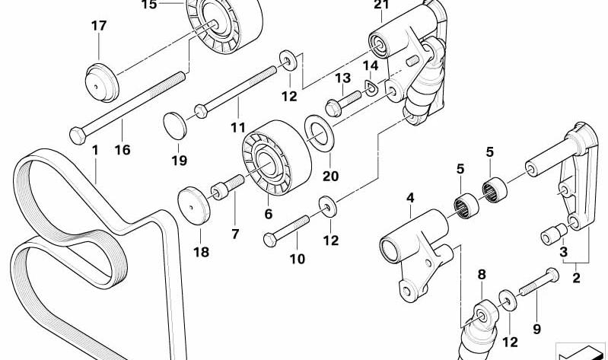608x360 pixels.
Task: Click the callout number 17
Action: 99,26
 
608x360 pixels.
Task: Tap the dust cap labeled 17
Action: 102,83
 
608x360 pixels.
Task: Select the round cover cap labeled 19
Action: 175,126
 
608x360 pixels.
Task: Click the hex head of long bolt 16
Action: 78,135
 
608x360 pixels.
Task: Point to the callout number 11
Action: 238,127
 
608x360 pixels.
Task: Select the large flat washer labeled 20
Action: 319,132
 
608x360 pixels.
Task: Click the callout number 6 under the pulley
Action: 269,214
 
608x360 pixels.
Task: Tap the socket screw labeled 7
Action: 228,187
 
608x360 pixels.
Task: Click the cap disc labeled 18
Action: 194,205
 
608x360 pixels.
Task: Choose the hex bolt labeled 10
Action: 286,231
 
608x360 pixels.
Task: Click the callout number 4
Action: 410,198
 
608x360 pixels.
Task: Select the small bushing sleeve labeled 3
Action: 554,234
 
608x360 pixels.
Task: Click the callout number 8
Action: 482,275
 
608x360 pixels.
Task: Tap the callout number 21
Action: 381,5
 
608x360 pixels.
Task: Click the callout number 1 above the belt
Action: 95,150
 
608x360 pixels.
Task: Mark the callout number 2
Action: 577,278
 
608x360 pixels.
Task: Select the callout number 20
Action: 330,177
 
